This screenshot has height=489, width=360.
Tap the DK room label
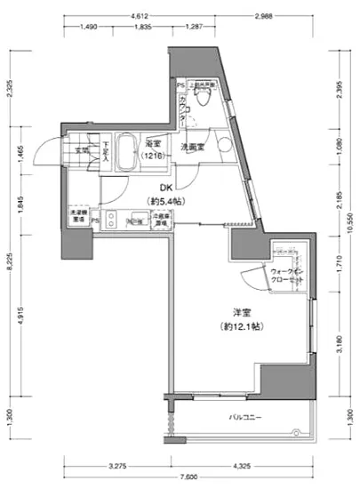(x=165, y=188)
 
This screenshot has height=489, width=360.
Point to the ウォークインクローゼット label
(x=287, y=275)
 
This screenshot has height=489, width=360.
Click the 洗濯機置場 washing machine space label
(x=77, y=216)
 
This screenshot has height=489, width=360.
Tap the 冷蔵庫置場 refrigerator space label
(x=161, y=217)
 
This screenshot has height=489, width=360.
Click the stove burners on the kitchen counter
(x=113, y=217)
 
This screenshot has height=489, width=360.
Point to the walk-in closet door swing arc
(x=257, y=279)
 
